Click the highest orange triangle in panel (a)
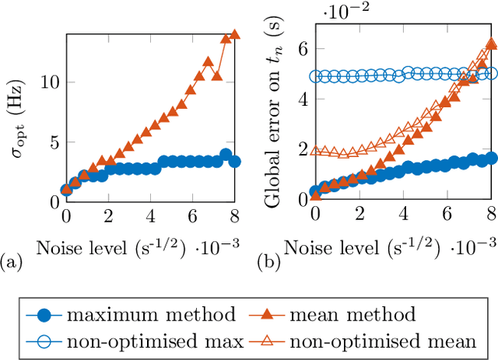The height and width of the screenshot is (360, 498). click(234, 34)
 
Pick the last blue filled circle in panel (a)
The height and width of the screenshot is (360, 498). click(234, 162)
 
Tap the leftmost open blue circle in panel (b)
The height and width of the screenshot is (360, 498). click(315, 76)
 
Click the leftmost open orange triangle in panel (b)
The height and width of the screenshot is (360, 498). click(315, 151)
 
